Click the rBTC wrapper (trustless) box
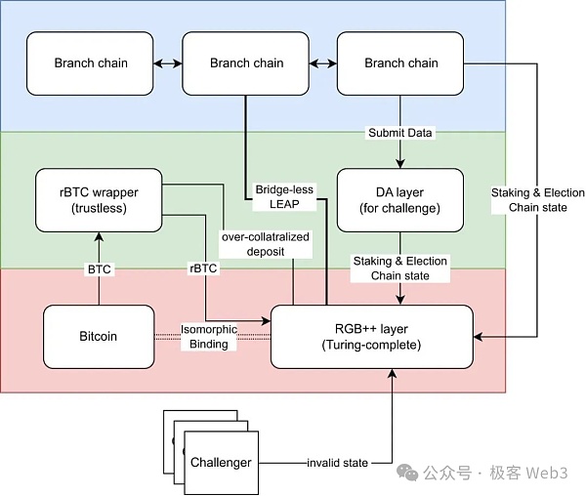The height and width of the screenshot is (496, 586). point(98,200)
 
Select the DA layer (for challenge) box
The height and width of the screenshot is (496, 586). point(400,200)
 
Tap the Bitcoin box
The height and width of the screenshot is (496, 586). point(98,337)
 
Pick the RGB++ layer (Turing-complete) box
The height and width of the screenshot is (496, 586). point(371,337)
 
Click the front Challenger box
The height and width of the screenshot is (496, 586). point(221,462)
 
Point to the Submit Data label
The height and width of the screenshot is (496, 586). point(400,132)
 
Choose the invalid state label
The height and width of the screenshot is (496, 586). point(335,463)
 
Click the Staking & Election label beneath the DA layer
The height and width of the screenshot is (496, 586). point(400,269)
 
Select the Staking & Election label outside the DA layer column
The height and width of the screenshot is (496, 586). point(538,200)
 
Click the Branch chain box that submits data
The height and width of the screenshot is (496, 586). point(400,63)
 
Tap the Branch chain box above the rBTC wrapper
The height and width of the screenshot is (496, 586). point(90,63)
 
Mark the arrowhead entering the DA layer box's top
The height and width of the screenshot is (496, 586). point(400,164)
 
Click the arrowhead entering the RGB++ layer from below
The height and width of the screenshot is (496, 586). point(393,374)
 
